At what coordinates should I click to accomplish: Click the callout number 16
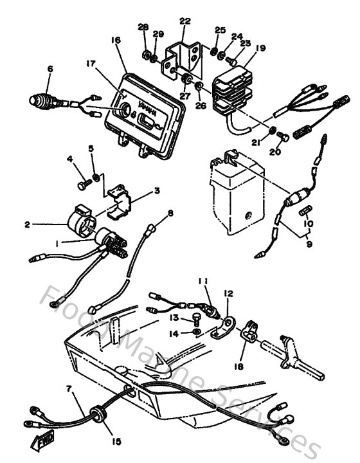pyautogui.click(x=116, y=40)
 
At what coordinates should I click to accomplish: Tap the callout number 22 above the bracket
pyautogui.click(x=185, y=22)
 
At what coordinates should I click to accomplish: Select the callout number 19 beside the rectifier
pyautogui.click(x=260, y=48)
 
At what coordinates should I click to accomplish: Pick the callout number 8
pyautogui.click(x=170, y=212)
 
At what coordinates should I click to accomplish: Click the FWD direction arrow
pyautogui.click(x=37, y=443)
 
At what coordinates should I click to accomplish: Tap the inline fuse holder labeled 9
pyautogui.click(x=299, y=197)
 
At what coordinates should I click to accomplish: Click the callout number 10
pyautogui.click(x=309, y=224)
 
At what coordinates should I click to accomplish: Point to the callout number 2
pyautogui.click(x=27, y=224)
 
